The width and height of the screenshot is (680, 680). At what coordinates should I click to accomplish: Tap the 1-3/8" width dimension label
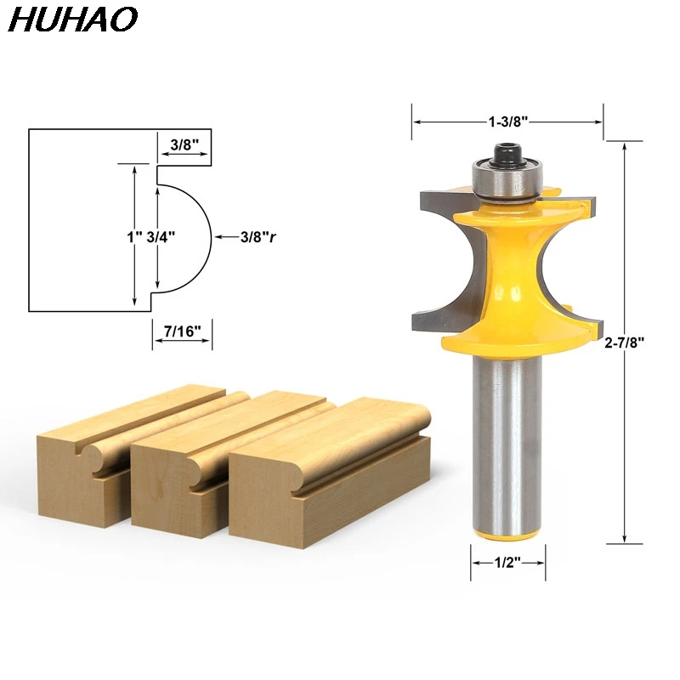[508, 122]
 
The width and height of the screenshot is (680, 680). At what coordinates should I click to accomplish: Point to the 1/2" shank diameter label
[507, 562]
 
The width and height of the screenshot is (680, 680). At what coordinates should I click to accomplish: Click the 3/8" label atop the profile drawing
[184, 144]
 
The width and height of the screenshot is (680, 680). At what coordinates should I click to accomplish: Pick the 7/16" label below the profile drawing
[182, 331]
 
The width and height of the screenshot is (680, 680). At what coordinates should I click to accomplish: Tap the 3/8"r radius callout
[258, 238]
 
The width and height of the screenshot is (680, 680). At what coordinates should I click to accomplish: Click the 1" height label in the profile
[132, 238]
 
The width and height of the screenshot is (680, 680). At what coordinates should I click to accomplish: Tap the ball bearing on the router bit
[507, 179]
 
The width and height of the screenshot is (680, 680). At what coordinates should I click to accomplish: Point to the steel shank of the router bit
[507, 442]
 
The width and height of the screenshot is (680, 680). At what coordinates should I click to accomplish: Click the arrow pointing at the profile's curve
[224, 238]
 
